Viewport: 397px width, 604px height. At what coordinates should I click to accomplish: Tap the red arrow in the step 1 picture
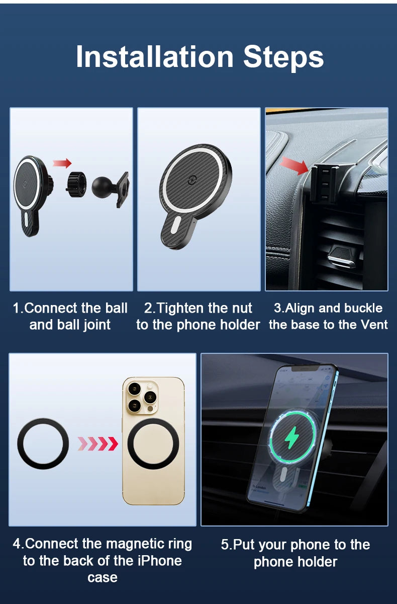coord(62,163)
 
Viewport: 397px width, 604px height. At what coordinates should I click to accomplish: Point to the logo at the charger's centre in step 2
coord(191,180)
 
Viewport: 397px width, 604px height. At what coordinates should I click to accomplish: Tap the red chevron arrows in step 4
coord(98,444)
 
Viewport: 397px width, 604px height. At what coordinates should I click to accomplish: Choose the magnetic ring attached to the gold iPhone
coord(153,444)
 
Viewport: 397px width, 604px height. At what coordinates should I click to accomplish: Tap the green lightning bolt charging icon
coord(291,437)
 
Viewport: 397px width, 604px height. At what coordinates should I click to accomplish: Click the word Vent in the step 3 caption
coord(374,325)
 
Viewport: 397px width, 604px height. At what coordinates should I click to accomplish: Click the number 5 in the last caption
coord(225,545)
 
